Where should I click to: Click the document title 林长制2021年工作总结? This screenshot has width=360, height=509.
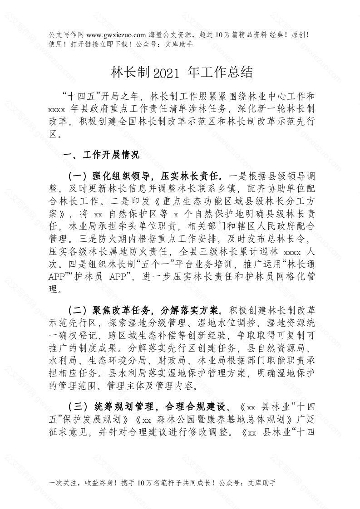tap(179, 72)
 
